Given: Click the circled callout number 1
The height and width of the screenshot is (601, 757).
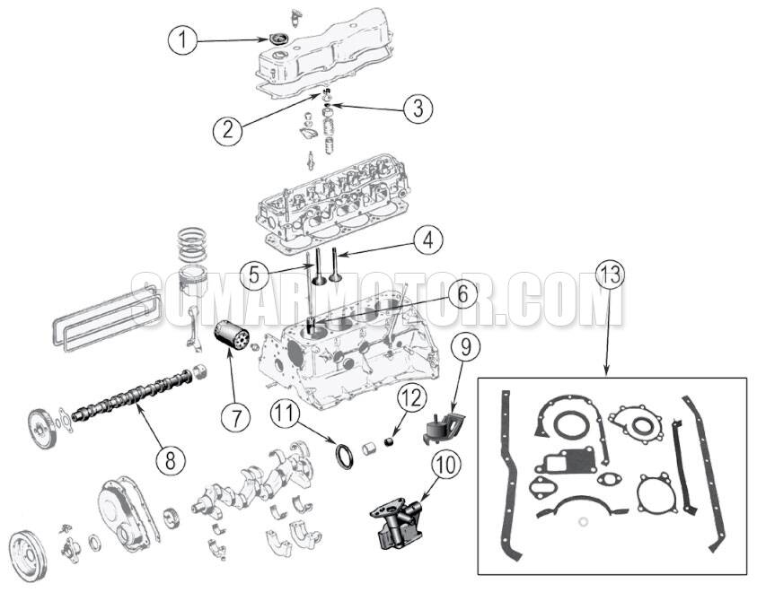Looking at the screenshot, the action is [x=182, y=40].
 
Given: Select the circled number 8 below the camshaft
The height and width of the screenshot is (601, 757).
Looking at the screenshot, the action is [x=171, y=459].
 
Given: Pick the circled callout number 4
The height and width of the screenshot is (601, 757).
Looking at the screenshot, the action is [x=428, y=240].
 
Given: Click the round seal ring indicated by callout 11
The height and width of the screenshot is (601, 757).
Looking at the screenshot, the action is [x=344, y=457].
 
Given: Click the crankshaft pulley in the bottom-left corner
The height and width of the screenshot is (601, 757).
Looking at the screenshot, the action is [x=29, y=555].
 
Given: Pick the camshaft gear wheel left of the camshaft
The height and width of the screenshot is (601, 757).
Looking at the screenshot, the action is [x=42, y=429].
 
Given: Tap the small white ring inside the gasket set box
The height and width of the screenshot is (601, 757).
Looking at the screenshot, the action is [x=584, y=522].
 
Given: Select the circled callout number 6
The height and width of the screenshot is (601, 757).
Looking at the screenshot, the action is [x=462, y=293].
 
